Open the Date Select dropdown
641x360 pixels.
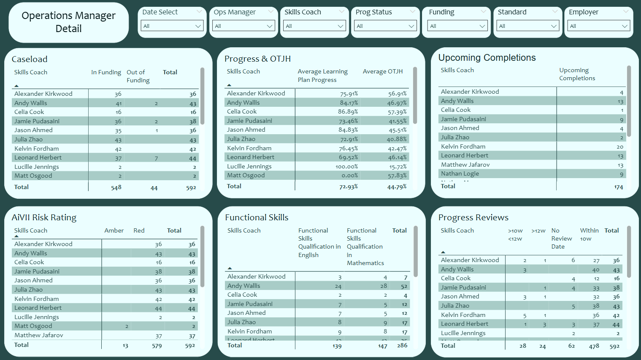tap(172, 26)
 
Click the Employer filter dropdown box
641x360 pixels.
tap(598, 26)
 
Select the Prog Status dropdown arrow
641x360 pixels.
tap(411, 26)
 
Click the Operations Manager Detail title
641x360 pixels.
tap(68, 22)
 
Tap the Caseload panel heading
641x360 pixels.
tap(30, 59)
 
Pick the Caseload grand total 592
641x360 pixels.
tap(191, 188)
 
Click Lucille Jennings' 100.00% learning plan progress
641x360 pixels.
tap(347, 167)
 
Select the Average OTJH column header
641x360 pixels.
tap(383, 72)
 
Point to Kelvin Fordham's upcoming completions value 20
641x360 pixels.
tap(619, 147)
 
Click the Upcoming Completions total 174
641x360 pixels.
tap(618, 187)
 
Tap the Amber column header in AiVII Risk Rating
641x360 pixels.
tap(114, 230)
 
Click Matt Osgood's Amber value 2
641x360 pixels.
tap(127, 326)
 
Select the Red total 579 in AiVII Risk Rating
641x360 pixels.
tap(157, 346)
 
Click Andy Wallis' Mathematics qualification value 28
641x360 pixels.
tap(383, 286)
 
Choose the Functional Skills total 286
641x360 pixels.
tap(402, 346)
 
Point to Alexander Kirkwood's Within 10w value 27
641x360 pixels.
tap(596, 261)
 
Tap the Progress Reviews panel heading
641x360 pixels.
tap(473, 217)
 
